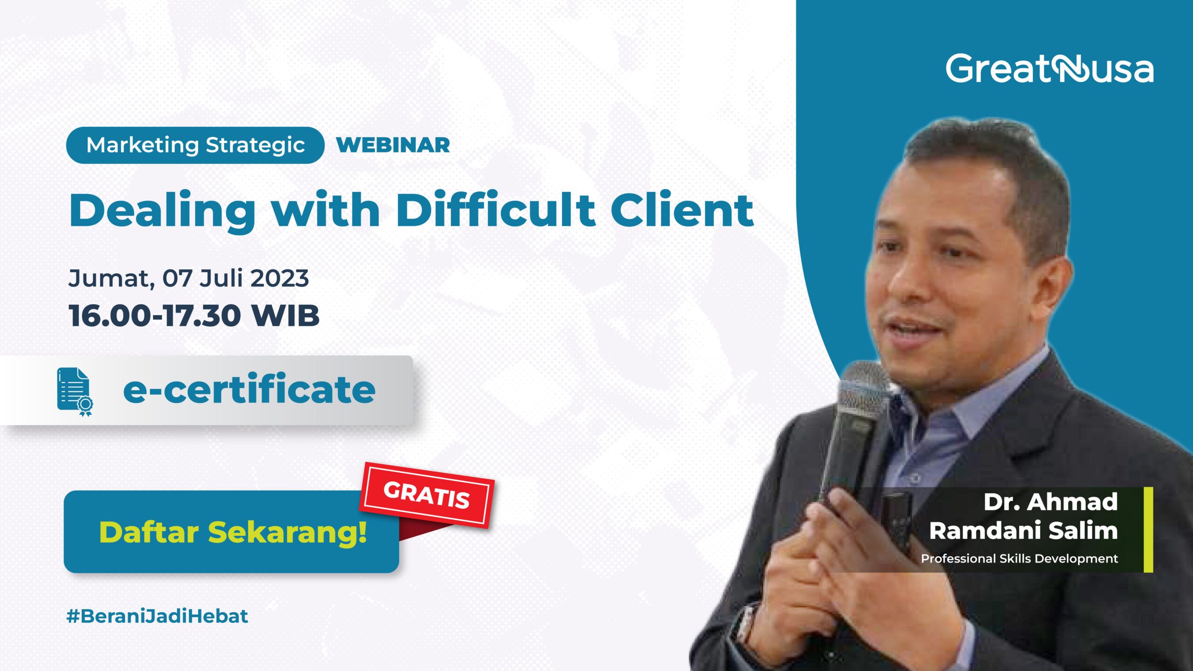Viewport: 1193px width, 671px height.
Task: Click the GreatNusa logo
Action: (x=1049, y=69)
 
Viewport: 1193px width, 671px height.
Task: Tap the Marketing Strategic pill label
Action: (x=195, y=145)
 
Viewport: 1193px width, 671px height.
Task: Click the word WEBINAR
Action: (x=393, y=145)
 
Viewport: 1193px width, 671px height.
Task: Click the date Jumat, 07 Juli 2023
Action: (x=188, y=278)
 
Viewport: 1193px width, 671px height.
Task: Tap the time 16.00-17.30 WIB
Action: (x=194, y=315)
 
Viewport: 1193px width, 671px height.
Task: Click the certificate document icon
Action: (x=74, y=391)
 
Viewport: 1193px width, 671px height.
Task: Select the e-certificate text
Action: (x=249, y=390)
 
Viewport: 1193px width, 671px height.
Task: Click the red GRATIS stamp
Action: (x=426, y=495)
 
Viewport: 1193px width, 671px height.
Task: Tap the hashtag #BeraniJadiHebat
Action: (x=157, y=616)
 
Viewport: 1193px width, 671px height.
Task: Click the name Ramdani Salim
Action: (x=1023, y=531)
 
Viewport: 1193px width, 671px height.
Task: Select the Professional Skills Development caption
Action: (x=1019, y=558)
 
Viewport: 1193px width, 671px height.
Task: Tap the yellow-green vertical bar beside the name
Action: (x=1148, y=529)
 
